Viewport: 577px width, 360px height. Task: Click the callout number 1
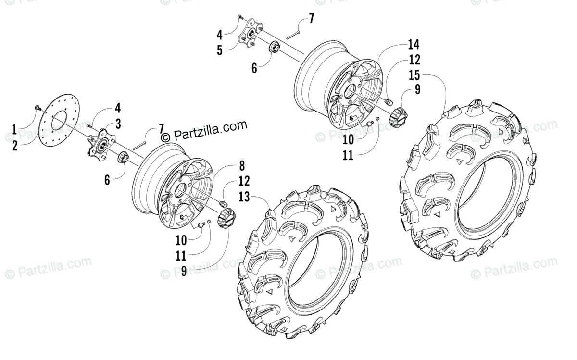click(x=14, y=129)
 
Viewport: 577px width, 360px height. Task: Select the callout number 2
click(x=14, y=145)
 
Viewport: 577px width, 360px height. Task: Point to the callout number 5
click(x=219, y=50)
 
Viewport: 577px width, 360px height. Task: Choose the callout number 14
click(x=414, y=45)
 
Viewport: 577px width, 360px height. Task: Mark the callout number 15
click(x=414, y=75)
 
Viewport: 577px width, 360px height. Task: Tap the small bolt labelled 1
click(x=37, y=107)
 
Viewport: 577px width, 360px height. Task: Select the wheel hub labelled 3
click(x=100, y=147)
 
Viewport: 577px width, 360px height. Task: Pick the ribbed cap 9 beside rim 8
click(x=225, y=220)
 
